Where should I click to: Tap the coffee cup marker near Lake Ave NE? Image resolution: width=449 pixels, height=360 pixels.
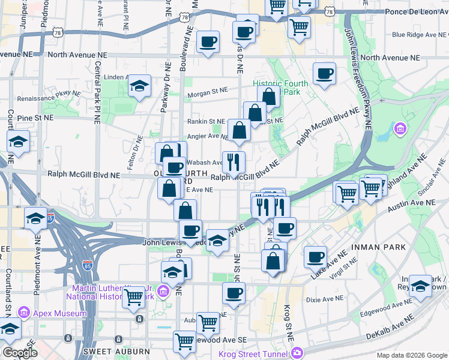pyautogui.click(x=315, y=256)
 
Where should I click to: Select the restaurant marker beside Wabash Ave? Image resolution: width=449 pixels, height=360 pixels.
pyautogui.click(x=234, y=161)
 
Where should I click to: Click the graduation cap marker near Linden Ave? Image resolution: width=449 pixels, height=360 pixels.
pyautogui.click(x=139, y=86)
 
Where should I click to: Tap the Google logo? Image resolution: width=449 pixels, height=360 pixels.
pyautogui.click(x=20, y=352)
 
